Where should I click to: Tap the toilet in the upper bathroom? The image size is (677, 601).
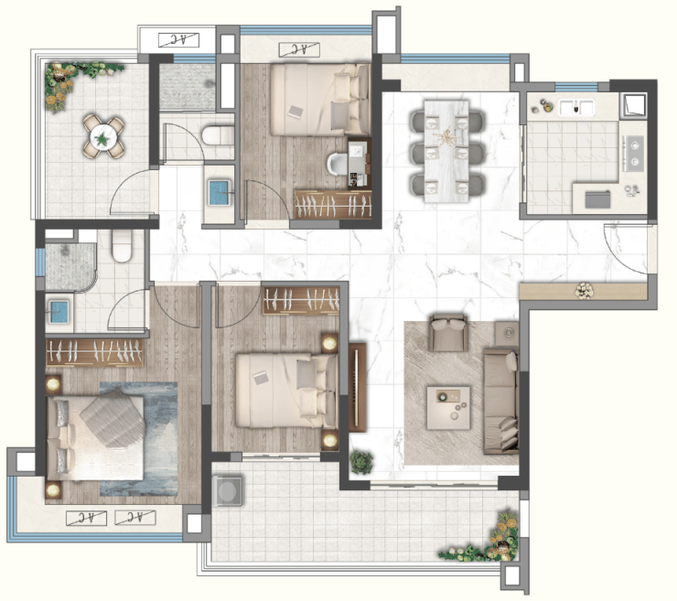(218, 135)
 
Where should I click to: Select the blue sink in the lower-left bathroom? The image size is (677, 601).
(59, 312)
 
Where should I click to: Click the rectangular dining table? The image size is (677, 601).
(446, 151)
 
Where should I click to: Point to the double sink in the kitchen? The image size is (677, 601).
(576, 107)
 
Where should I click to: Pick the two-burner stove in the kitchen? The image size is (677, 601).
(634, 154)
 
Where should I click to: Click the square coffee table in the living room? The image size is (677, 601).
(448, 408)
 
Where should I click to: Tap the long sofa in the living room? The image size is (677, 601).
(500, 401)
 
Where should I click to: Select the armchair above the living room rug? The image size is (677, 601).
(448, 333)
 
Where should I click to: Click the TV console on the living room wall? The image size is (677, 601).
(358, 387)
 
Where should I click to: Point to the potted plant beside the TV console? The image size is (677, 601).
(361, 462)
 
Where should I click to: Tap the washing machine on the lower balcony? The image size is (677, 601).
(228, 490)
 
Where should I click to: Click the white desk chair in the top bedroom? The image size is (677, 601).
(338, 164)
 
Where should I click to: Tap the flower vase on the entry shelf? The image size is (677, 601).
(584, 291)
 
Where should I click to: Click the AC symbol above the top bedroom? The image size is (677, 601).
(299, 49)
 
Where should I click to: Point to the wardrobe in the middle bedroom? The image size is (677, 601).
(301, 300)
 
